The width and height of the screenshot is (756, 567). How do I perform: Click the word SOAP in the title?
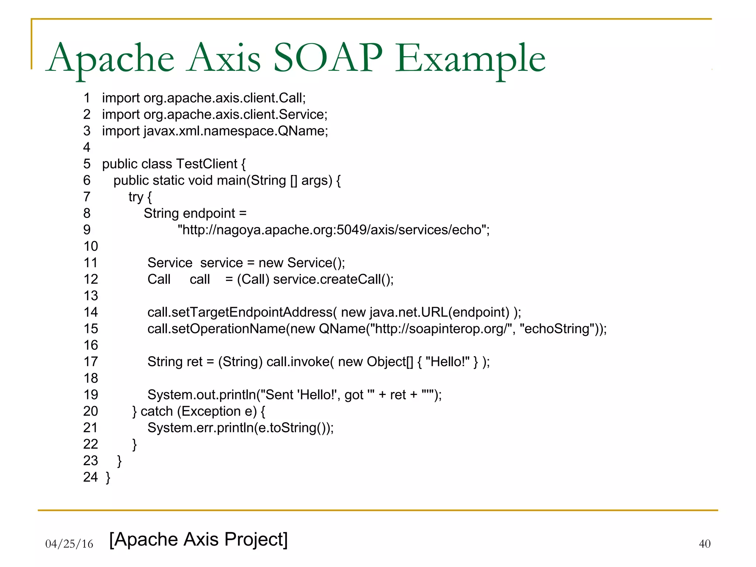pyautogui.click(x=328, y=58)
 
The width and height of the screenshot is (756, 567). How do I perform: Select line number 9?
pyautogui.click(x=87, y=230)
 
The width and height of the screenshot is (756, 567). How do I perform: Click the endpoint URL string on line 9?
pyautogui.click(x=333, y=230)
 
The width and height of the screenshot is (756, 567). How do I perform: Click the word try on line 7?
pyautogui.click(x=135, y=197)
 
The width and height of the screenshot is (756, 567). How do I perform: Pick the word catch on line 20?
pyautogui.click(x=157, y=411)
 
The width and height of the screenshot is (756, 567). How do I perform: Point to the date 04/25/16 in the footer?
pyautogui.click(x=69, y=544)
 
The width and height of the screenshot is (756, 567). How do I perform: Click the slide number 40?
pyautogui.click(x=704, y=544)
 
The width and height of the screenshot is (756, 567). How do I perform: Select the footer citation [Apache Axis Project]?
pyautogui.click(x=199, y=539)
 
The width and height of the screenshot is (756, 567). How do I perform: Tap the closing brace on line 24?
pyautogui.click(x=108, y=477)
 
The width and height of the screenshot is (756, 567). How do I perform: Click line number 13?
pyautogui.click(x=91, y=296)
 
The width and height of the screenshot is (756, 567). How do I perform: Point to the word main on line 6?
pyautogui.click(x=231, y=181)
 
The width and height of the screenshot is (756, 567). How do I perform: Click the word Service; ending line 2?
pyautogui.click(x=303, y=114)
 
